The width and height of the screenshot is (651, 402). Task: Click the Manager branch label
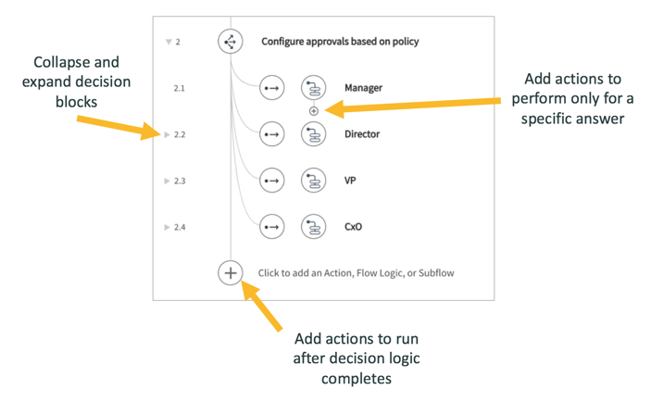[x=363, y=88]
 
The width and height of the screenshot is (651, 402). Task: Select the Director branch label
[x=361, y=134]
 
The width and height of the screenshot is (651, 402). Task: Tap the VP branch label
[x=351, y=181]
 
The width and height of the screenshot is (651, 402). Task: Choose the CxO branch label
[x=353, y=226]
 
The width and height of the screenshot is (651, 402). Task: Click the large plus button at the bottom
[x=231, y=273]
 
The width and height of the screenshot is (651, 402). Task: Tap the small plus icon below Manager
[x=314, y=111]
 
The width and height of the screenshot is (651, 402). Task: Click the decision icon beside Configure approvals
[x=231, y=42]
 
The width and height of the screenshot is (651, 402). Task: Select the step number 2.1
[x=180, y=88]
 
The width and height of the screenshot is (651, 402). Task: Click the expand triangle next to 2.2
[x=167, y=135]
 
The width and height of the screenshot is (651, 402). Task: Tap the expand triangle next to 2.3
[x=167, y=182]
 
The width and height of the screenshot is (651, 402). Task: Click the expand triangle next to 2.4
[x=167, y=227]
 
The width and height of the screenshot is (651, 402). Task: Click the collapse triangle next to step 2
[x=168, y=43]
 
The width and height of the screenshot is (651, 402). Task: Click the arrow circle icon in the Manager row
[x=271, y=88]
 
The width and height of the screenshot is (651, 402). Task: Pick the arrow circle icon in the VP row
[x=271, y=181]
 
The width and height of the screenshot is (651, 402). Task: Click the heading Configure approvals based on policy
[x=340, y=42]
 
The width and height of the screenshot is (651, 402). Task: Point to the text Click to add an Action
[x=356, y=273]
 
